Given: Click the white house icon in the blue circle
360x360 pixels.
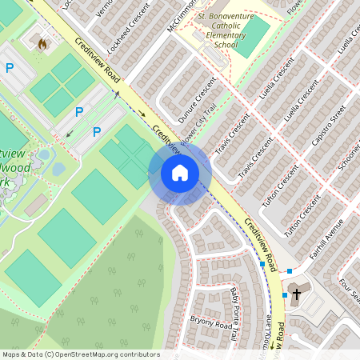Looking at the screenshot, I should tap(180, 173).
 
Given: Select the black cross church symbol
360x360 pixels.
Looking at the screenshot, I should tap(296, 294).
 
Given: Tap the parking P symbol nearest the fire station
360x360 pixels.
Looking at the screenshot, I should tap(10, 69).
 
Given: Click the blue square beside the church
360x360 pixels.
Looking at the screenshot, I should tap(284, 294).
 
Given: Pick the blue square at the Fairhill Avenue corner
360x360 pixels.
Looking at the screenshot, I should tap(290, 272).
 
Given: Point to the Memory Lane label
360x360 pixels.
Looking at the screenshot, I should tap(265, 328).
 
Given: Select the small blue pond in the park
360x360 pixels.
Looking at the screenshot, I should tap(58, 169).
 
